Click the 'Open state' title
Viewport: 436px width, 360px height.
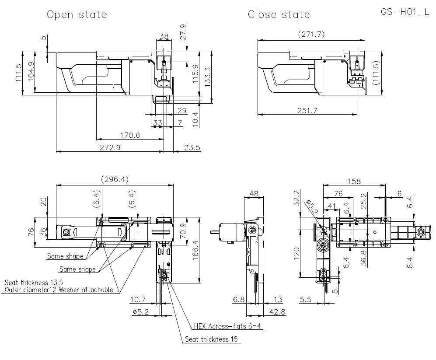pyautogui.click(x=77, y=14)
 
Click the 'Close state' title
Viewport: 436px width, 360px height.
pyautogui.click(x=279, y=14)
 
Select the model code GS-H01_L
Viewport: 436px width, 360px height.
pyautogui.click(x=405, y=12)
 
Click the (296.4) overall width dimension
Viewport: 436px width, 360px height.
pyautogui.click(x=115, y=179)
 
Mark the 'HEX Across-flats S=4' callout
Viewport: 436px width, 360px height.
pyautogui.click(x=228, y=326)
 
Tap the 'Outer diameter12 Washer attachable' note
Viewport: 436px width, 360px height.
pyautogui.click(x=59, y=290)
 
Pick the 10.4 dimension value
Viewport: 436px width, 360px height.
pyautogui.click(x=195, y=119)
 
